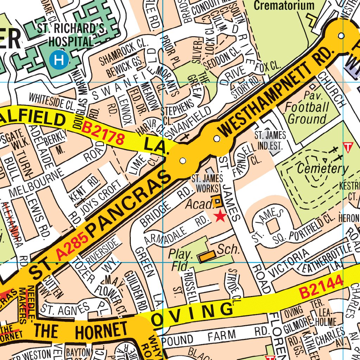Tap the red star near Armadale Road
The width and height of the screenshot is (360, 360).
[220, 216]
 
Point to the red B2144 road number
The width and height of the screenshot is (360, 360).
[321, 287]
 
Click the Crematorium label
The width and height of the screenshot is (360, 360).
[284, 6]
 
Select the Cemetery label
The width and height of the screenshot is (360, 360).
[322, 169]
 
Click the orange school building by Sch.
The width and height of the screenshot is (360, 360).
[206, 257]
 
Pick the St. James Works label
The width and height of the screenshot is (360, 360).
[205, 184]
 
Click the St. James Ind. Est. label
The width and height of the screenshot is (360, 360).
[270, 140]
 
